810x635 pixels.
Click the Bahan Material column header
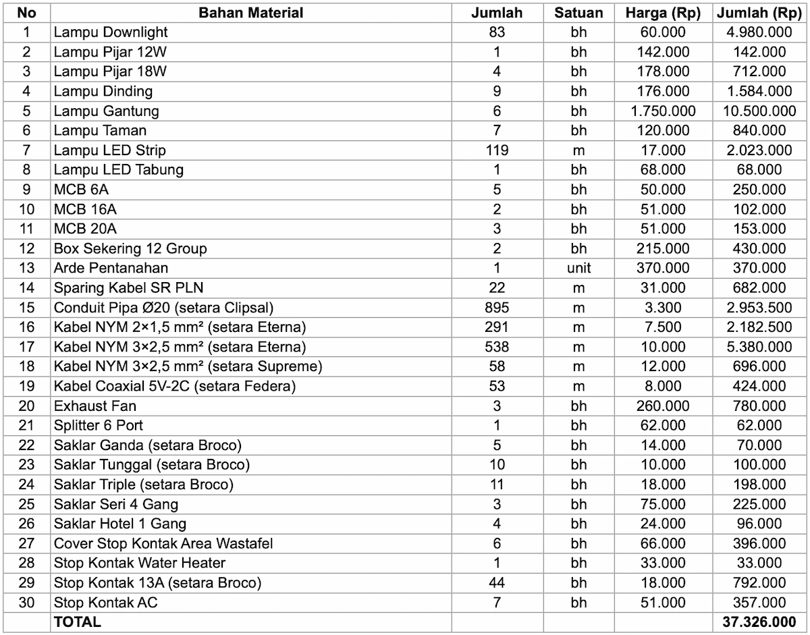[251, 13]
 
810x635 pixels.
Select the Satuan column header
[578, 13]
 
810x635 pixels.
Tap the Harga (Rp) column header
[663, 13]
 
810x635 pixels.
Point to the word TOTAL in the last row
[78, 622]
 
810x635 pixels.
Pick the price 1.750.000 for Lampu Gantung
[663, 111]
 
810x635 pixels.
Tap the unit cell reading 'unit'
[578, 268]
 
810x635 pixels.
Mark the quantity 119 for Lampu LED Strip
[497, 150]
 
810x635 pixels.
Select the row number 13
[26, 268]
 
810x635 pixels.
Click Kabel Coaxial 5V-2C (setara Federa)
[175, 387]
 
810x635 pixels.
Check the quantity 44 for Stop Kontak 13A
[497, 583]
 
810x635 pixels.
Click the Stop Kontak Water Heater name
[140, 563]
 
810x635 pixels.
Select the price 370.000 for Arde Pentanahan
[663, 268]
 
